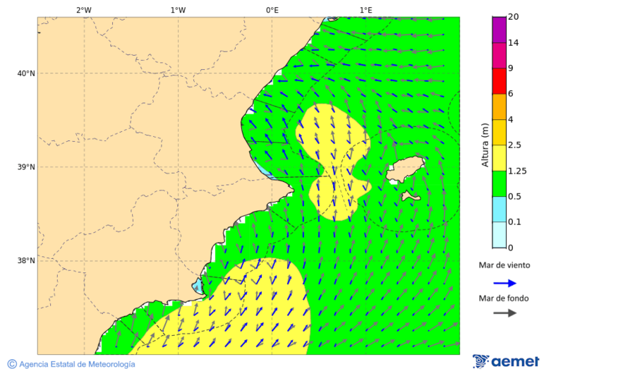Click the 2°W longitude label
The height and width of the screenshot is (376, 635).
pos(83,10)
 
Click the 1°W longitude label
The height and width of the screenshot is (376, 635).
pos(178,10)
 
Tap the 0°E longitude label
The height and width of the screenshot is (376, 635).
pos(272,10)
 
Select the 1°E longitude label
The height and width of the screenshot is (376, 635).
pos(365,10)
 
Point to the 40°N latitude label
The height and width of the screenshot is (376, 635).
pos(25,73)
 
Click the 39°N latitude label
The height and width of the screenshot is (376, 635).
pos(25,167)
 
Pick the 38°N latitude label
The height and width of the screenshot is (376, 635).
pos(25,261)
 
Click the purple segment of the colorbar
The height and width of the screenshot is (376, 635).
pos(499,29)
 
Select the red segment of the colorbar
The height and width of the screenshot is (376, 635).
pos(499,80)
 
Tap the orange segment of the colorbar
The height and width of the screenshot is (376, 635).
pos(499,106)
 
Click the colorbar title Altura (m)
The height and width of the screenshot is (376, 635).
pos(485,145)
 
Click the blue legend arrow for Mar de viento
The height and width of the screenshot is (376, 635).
pos(504,283)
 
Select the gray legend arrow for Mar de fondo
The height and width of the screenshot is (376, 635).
pos(504,313)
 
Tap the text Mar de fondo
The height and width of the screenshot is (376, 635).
pos(503,298)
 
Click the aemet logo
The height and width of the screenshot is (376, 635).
pos(506,361)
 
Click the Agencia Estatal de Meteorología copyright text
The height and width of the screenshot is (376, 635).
pos(71,364)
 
